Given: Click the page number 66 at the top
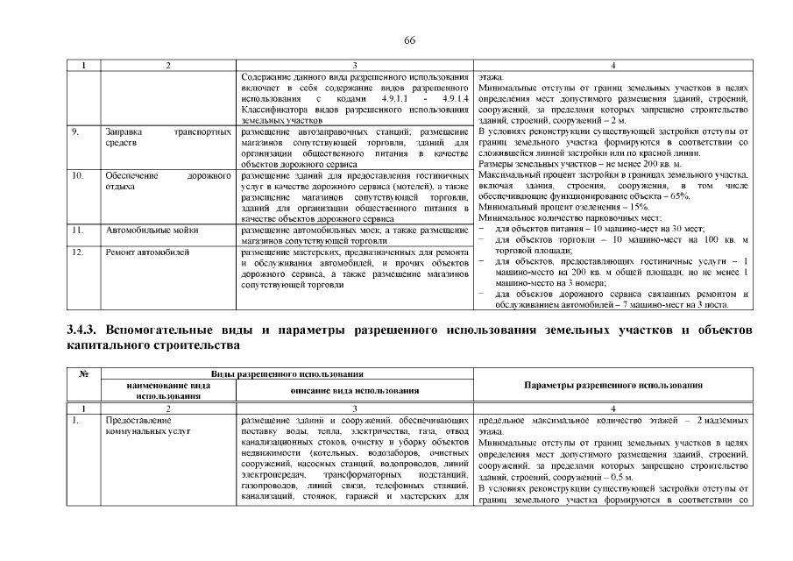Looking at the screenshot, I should point(409,41).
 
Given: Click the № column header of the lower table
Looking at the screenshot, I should point(84,374).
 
